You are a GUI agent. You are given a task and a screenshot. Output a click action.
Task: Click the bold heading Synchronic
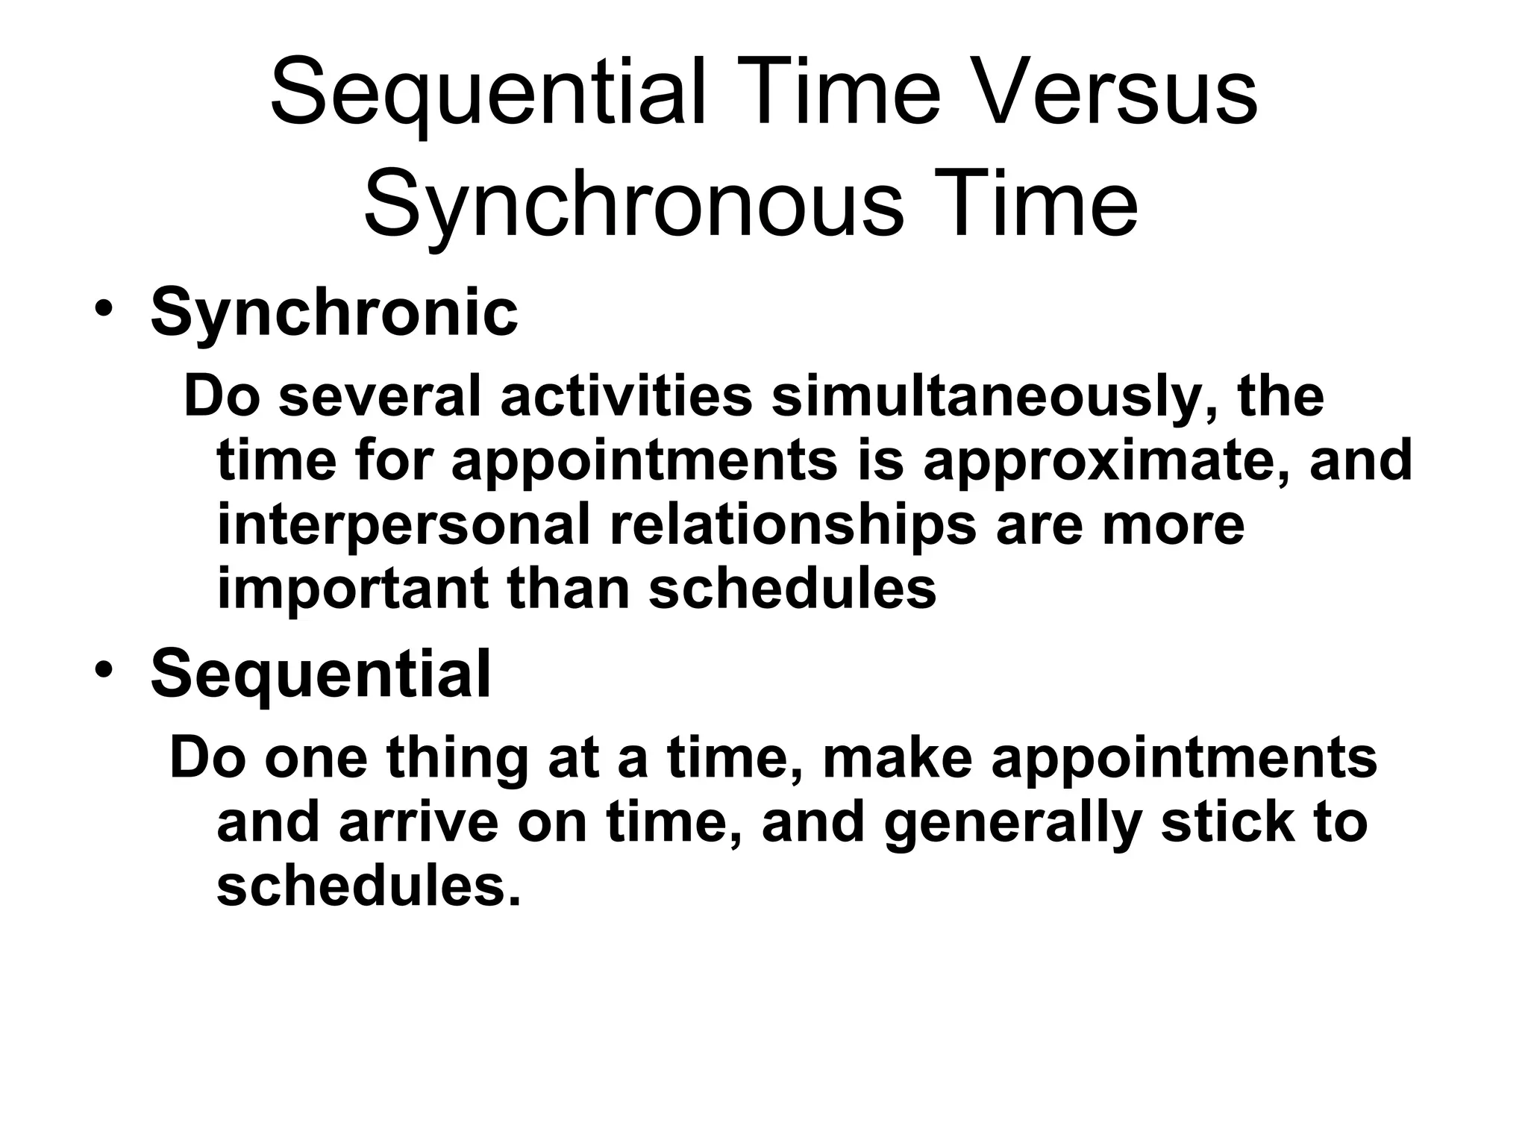[x=334, y=312]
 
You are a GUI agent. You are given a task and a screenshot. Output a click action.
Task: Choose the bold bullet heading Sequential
[x=321, y=673]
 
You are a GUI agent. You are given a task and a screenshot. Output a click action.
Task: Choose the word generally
[x=1012, y=824]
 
